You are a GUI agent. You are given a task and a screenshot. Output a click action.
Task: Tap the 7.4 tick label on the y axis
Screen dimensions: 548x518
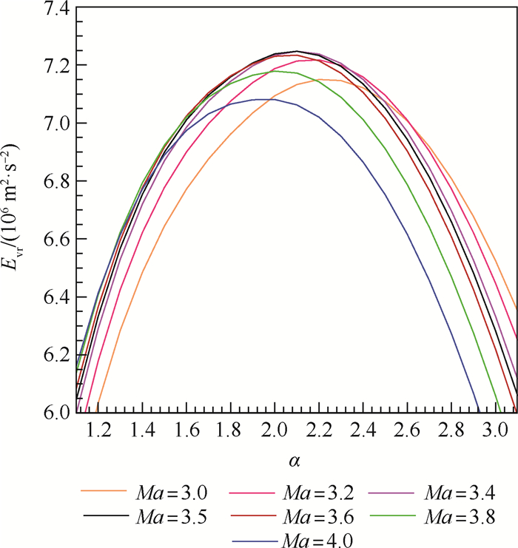52,9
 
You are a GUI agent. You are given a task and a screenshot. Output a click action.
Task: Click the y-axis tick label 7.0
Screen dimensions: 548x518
52,124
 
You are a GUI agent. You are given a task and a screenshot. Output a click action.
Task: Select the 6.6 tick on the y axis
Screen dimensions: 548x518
52,239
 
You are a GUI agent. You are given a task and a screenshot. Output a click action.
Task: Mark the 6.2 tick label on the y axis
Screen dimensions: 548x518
52,354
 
